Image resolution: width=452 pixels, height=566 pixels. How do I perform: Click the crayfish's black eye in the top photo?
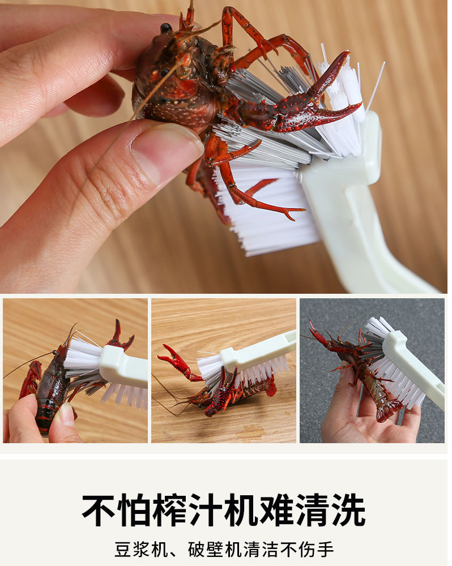166,28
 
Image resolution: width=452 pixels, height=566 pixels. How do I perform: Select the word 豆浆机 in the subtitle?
141,550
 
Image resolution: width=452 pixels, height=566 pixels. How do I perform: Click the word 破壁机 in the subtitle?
215,550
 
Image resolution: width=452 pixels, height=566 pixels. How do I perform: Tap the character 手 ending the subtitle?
325,550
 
